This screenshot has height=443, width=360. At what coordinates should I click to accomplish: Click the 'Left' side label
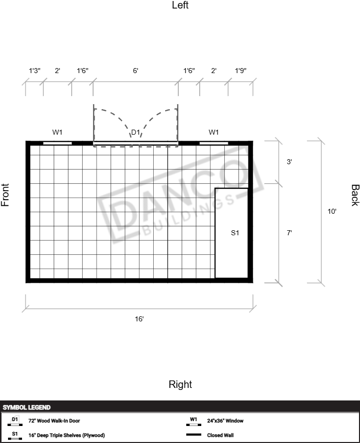pos(180,5)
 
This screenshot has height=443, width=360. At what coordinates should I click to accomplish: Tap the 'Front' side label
pos(5,195)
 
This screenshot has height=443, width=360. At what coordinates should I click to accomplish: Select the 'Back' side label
pos(355,195)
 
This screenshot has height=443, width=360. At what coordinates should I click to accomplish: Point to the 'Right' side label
pos(180,384)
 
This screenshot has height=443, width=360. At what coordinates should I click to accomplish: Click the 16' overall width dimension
pos(139,319)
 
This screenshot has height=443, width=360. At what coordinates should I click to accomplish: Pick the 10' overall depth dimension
pos(332,211)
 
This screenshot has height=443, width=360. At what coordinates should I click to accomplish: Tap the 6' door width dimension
pos(136,71)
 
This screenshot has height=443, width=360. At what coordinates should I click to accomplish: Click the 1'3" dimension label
pos(35,71)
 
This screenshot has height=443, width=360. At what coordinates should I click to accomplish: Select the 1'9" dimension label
pos(241,71)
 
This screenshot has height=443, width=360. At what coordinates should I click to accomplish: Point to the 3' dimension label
pos(289,162)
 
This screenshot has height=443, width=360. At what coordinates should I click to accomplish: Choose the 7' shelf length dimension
pos(289,233)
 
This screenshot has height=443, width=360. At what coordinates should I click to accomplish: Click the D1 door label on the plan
pos(136,132)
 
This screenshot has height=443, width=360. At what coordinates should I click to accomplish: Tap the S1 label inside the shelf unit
pos(235,233)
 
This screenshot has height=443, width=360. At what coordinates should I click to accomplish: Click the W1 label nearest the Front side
pos(58,132)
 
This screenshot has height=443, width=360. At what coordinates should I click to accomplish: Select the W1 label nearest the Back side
pos(214,132)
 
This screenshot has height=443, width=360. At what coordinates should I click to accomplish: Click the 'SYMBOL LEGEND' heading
pos(27,407)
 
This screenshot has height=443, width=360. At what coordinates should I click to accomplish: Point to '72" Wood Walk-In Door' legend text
pos(54,420)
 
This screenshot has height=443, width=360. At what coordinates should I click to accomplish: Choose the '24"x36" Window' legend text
pos(225,420)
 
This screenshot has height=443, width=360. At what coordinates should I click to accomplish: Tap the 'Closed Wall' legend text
pos(220,435)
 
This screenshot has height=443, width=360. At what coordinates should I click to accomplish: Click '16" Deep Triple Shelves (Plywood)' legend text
pos(67,435)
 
